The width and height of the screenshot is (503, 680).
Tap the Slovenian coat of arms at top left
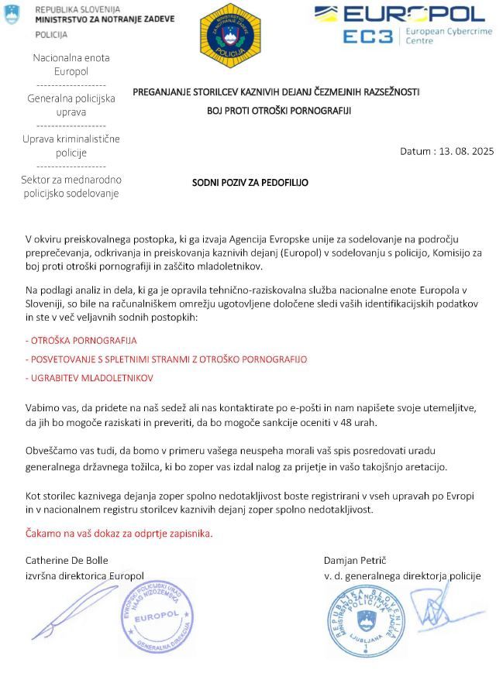pos(12,14)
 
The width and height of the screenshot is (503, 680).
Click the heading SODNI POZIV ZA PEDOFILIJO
pos(250,183)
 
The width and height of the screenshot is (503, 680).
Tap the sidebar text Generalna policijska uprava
pos(71,105)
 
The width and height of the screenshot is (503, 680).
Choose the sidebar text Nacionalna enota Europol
pos(71,64)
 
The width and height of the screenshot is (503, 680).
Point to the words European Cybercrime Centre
pos(444,36)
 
